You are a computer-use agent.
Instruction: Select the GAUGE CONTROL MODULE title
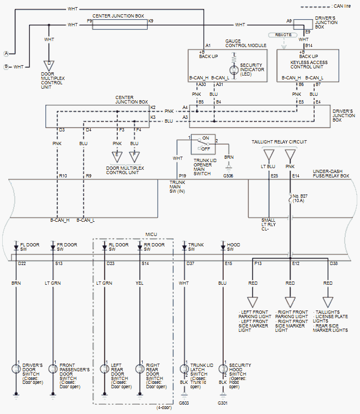(x=246, y=43)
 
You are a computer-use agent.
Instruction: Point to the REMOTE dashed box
(x=283, y=34)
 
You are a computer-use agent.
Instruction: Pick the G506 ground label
(x=228, y=176)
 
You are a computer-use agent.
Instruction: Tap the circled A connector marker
(x=6, y=53)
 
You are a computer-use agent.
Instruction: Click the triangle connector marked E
(x=117, y=155)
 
